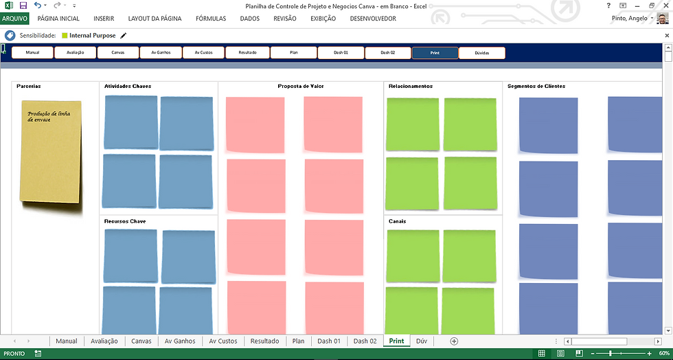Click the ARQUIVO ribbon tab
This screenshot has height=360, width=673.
tap(14, 19)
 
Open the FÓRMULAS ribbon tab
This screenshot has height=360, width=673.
tap(210, 19)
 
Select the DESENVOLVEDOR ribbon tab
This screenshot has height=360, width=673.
tap(373, 19)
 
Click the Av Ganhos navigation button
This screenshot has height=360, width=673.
tap(161, 52)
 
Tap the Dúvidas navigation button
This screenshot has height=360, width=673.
tap(481, 52)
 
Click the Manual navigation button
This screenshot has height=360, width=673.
tap(32, 52)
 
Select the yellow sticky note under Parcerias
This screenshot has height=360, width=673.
tap(51, 155)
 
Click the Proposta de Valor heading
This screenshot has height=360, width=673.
tap(301, 86)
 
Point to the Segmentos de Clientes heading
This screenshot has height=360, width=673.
tap(536, 86)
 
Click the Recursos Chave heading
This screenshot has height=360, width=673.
tap(124, 221)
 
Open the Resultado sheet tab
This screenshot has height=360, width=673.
tap(264, 341)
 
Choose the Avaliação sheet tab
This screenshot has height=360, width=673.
tap(104, 341)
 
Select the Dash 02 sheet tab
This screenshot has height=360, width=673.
tap(365, 341)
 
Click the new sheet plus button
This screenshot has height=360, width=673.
tap(453, 341)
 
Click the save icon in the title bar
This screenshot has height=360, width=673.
tap(23, 5)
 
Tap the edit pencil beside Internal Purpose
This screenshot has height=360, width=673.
tap(124, 35)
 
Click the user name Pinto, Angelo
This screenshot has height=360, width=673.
tap(628, 19)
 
